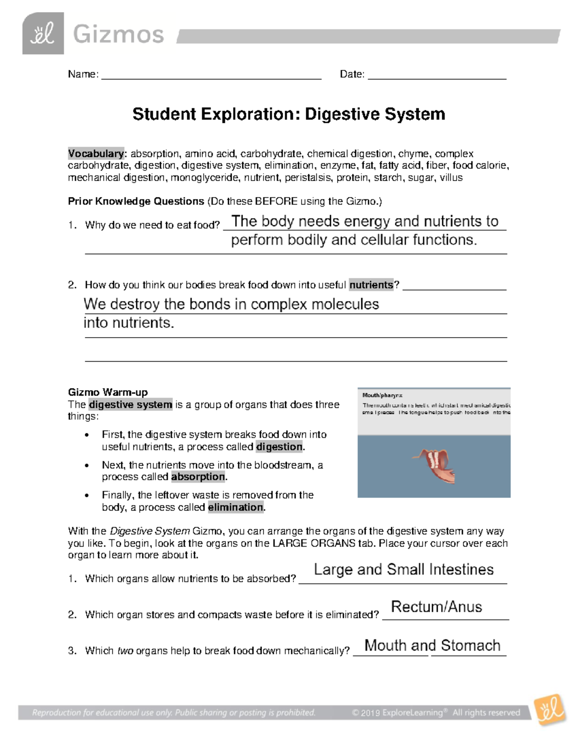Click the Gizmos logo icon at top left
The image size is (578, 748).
click(x=43, y=34)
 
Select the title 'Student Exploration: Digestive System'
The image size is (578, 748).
click(x=289, y=114)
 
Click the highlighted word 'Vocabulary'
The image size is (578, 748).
click(x=96, y=154)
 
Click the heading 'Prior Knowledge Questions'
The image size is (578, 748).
click(x=136, y=201)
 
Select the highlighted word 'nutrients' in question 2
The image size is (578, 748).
click(x=371, y=285)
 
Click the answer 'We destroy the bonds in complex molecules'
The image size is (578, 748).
click(x=231, y=304)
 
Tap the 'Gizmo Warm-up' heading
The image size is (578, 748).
click(x=108, y=392)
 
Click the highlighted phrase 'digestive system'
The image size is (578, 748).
click(x=131, y=405)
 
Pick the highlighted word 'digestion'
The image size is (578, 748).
click(x=279, y=447)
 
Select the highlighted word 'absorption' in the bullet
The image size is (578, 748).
click(x=198, y=477)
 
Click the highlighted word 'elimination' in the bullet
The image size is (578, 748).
click(x=236, y=507)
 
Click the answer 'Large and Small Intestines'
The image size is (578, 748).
click(x=404, y=570)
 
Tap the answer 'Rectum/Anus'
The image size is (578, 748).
click(x=436, y=607)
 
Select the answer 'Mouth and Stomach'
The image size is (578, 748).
click(x=432, y=645)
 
